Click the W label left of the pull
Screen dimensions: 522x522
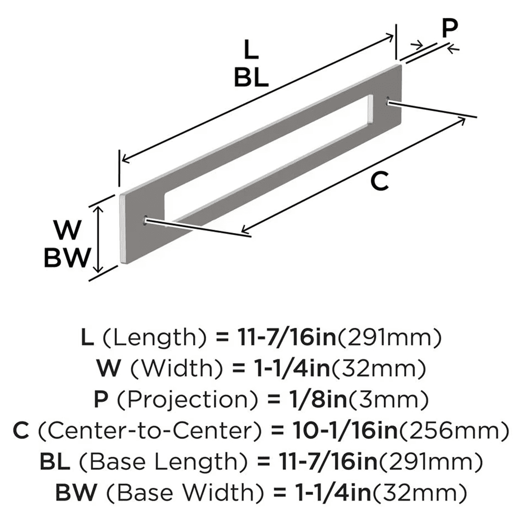pos(69,230)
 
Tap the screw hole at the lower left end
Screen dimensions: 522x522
pos(145,221)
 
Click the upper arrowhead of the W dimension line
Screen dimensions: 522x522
pos(97,208)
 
